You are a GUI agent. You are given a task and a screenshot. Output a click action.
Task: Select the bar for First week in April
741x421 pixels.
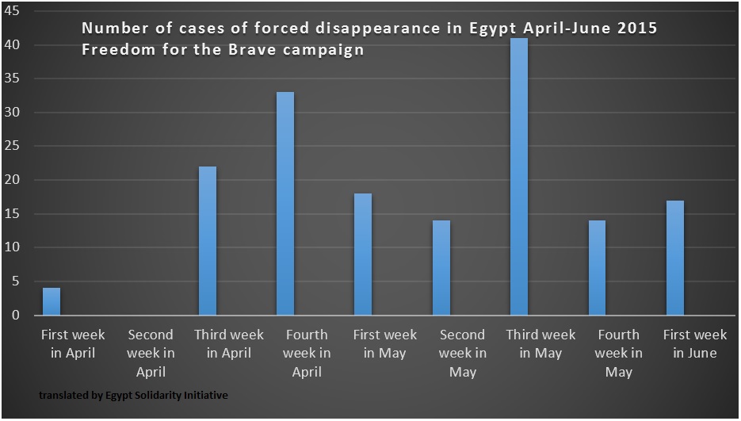51,301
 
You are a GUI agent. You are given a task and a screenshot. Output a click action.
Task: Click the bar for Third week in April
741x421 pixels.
207,241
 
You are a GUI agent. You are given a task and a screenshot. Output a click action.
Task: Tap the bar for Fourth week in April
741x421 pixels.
285,204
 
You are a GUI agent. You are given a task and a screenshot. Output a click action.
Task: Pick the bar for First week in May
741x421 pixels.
363,255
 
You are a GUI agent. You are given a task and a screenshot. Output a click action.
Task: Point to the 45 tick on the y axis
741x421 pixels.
16,12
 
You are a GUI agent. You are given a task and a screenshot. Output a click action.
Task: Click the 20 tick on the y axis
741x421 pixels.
16,180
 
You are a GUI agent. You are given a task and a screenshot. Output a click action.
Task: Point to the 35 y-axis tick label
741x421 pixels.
16,79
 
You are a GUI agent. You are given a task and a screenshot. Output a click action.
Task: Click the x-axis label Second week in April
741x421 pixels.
151,353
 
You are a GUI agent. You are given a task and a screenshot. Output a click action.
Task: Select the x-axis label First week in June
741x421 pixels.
695,344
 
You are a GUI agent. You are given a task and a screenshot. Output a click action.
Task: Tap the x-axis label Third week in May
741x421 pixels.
540,344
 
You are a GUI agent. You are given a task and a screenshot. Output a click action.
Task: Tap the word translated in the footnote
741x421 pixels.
59,394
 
